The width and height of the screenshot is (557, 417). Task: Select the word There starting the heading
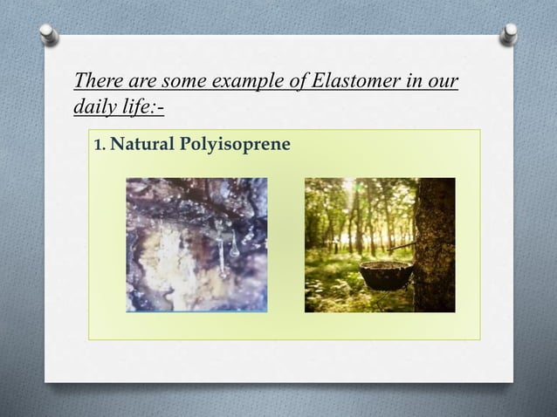coord(95,82)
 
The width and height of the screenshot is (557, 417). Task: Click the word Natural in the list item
coord(142,143)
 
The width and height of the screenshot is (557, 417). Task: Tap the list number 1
coord(99,143)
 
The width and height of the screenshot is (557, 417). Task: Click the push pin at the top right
coord(508,34)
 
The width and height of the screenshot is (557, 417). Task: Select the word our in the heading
coord(444,82)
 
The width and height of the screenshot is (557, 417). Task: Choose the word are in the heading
coord(138,82)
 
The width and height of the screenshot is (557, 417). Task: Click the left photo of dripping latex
coord(196,244)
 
